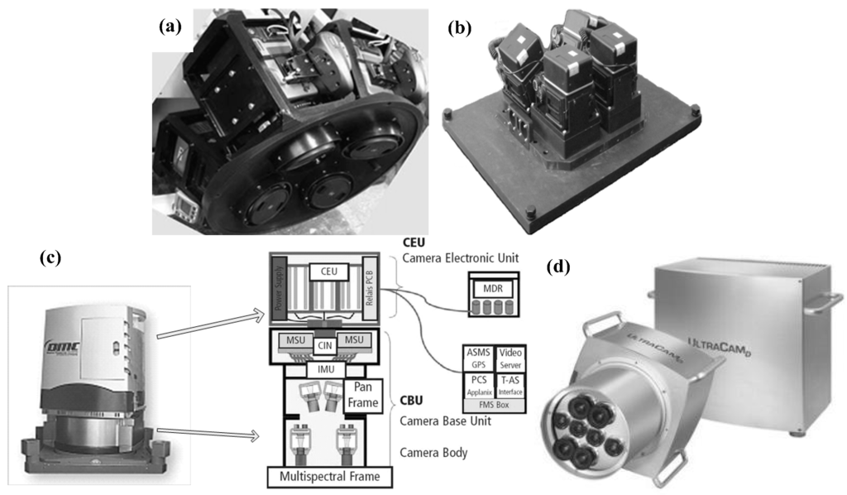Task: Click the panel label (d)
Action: [x=565, y=267]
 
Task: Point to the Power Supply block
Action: [x=278, y=290]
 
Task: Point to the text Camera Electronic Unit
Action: [x=461, y=260]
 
